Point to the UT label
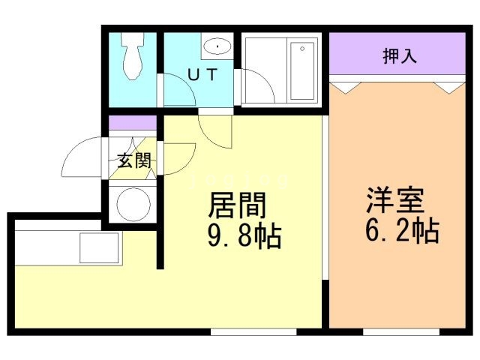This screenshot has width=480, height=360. (202, 75)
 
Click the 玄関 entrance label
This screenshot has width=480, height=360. (134, 160)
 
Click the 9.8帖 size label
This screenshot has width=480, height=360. (244, 236)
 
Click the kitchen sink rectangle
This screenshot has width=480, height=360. (99, 247)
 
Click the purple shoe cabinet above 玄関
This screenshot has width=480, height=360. (133, 123)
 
